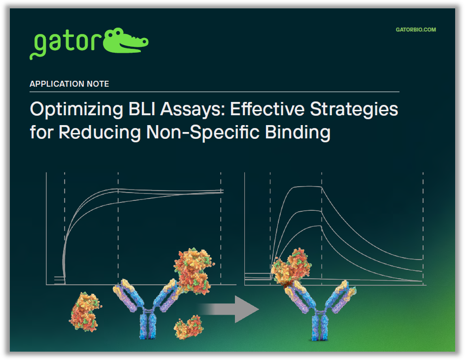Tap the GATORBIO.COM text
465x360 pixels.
coord(416,30)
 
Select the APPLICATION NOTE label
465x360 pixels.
coord(69,84)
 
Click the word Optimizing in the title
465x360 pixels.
coord(72,109)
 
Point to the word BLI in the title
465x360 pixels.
coord(139,109)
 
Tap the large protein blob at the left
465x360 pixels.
coord(85,311)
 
